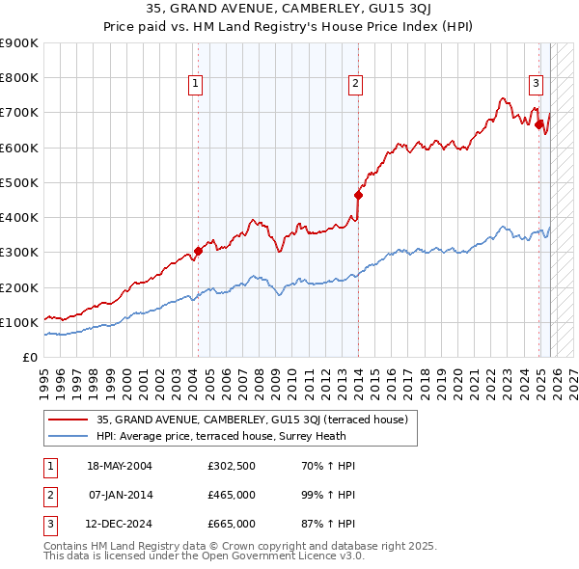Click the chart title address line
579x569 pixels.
click(289, 9)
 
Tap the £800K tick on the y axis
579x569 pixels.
click(19, 78)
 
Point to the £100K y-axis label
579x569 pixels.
click(19, 322)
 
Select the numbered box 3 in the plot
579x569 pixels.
click(536, 83)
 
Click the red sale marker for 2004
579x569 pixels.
click(198, 252)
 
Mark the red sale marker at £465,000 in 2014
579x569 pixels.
click(358, 195)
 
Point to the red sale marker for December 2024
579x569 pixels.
click(538, 123)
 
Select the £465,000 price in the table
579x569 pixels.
click(232, 495)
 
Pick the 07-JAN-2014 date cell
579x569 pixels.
click(120, 495)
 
